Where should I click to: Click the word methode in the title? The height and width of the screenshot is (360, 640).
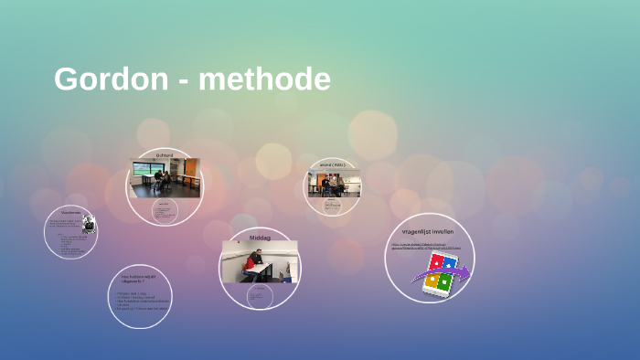click(x=264, y=79)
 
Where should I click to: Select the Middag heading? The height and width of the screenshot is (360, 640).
click(x=260, y=238)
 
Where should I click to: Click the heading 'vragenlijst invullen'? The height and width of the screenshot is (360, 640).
click(x=429, y=231)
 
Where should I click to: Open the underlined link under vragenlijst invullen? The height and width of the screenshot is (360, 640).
click(x=426, y=247)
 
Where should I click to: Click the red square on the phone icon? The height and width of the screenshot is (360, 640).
click(x=437, y=262)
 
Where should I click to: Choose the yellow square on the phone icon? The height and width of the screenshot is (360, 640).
click(x=432, y=280)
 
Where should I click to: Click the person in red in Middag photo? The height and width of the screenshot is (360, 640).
click(x=251, y=264)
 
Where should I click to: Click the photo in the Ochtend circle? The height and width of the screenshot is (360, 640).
click(x=165, y=177)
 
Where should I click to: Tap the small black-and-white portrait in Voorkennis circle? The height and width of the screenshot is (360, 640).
click(x=89, y=224)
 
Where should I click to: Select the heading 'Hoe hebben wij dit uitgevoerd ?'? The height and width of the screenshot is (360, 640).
click(x=139, y=279)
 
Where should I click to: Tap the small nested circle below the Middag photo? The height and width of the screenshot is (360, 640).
click(x=261, y=297)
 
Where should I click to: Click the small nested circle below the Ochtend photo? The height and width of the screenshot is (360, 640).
click(x=165, y=214)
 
